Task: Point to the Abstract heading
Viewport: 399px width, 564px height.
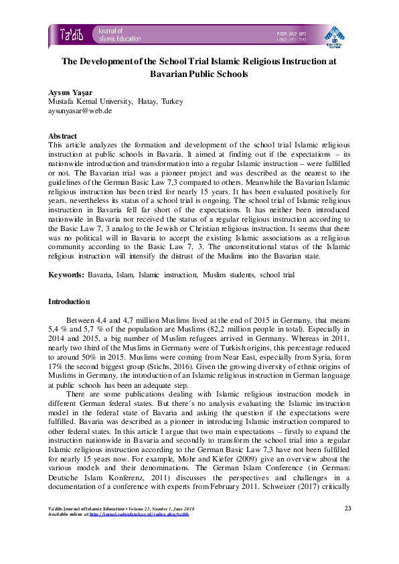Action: tap(63, 136)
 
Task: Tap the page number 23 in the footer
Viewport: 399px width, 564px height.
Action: tap(347, 508)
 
